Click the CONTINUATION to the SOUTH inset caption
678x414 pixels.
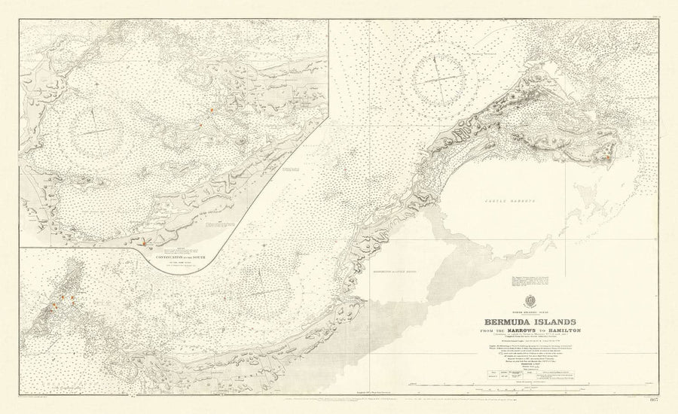(x=180, y=257)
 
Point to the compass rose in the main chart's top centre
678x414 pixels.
(x=441, y=78)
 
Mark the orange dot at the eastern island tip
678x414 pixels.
(x=605, y=158)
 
